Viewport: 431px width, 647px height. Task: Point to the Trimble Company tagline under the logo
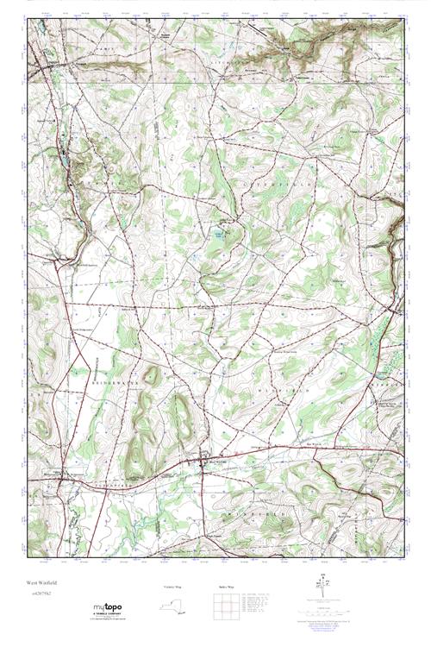tap(106, 615)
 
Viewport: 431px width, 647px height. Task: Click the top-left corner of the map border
tap(28, 20)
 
